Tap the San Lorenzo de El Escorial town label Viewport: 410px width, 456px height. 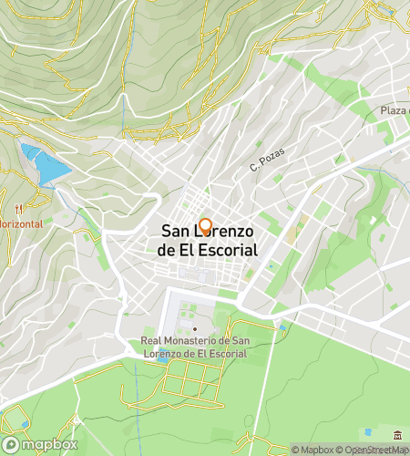coord(208,241)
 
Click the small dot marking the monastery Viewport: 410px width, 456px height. coord(194,329)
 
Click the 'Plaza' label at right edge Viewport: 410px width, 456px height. coord(394,110)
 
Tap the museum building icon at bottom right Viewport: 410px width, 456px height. coord(398,435)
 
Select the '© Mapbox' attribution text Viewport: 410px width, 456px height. coord(312,449)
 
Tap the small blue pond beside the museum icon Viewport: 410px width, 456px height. coord(368,431)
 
